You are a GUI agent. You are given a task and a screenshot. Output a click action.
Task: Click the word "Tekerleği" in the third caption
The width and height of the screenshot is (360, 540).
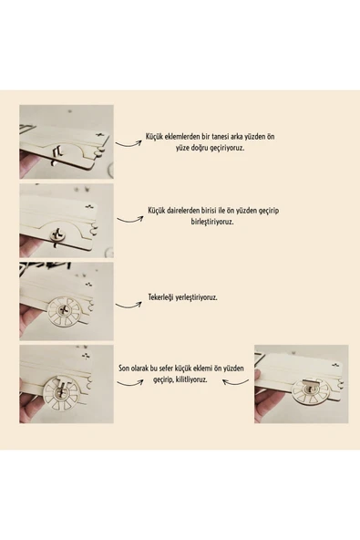(x=161, y=297)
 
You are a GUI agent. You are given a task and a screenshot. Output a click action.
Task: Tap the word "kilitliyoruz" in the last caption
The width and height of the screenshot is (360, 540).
(x=193, y=379)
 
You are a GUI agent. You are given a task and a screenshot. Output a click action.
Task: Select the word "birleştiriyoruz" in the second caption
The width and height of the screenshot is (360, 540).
(x=212, y=222)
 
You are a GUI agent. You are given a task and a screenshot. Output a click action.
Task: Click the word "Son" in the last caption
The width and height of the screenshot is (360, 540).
(x=124, y=369)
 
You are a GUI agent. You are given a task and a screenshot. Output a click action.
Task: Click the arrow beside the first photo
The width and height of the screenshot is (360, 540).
(x=128, y=143)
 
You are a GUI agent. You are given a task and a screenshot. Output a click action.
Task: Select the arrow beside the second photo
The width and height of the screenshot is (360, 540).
(x=129, y=219)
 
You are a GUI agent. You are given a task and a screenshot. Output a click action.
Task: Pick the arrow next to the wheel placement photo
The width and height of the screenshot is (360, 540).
(x=128, y=306)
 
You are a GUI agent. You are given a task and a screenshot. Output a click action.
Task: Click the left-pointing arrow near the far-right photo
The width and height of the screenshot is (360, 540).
(x=235, y=381)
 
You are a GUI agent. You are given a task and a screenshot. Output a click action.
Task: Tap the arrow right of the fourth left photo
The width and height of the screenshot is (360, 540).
(x=129, y=382)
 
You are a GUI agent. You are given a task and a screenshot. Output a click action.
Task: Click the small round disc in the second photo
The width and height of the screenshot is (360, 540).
(x=57, y=235)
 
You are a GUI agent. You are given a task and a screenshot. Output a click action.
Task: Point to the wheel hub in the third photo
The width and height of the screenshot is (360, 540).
(x=63, y=310)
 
